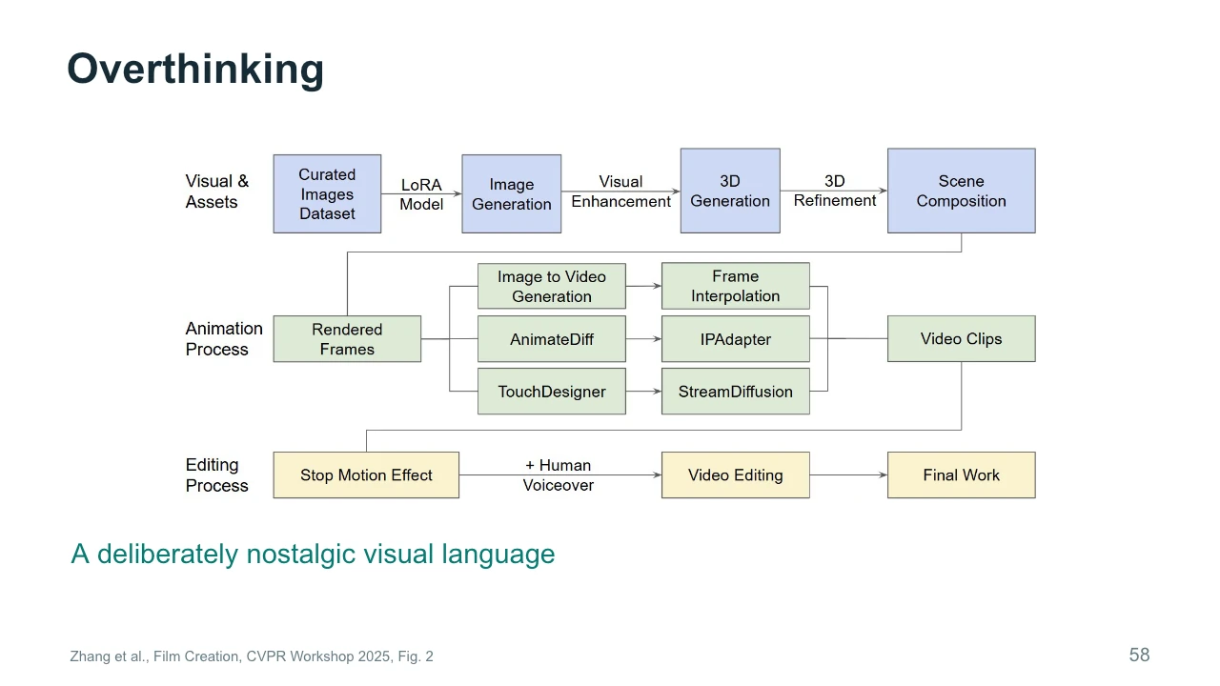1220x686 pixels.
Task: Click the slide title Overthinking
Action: click(195, 70)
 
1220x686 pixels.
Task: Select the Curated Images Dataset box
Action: click(327, 193)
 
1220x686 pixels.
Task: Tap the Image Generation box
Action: click(512, 193)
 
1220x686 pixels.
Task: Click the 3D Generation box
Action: click(730, 191)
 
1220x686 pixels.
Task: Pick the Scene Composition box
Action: click(962, 191)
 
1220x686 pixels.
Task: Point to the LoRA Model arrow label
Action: click(421, 194)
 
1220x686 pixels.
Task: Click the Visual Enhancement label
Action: click(620, 192)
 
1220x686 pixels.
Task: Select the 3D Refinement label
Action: click(834, 191)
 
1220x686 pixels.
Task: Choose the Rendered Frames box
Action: click(347, 338)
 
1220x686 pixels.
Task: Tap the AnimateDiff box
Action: click(552, 338)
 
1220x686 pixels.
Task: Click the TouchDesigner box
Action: click(552, 391)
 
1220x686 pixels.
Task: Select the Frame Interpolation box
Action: click(735, 286)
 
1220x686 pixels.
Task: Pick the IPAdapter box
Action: click(735, 338)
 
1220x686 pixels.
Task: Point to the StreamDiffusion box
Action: click(735, 391)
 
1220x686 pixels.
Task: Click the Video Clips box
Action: click(962, 338)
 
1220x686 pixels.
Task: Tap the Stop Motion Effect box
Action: click(366, 474)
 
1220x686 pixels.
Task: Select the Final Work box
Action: click(962, 474)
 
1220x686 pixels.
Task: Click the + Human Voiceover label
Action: click(559, 474)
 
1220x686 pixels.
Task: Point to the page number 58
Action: click(1139, 655)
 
